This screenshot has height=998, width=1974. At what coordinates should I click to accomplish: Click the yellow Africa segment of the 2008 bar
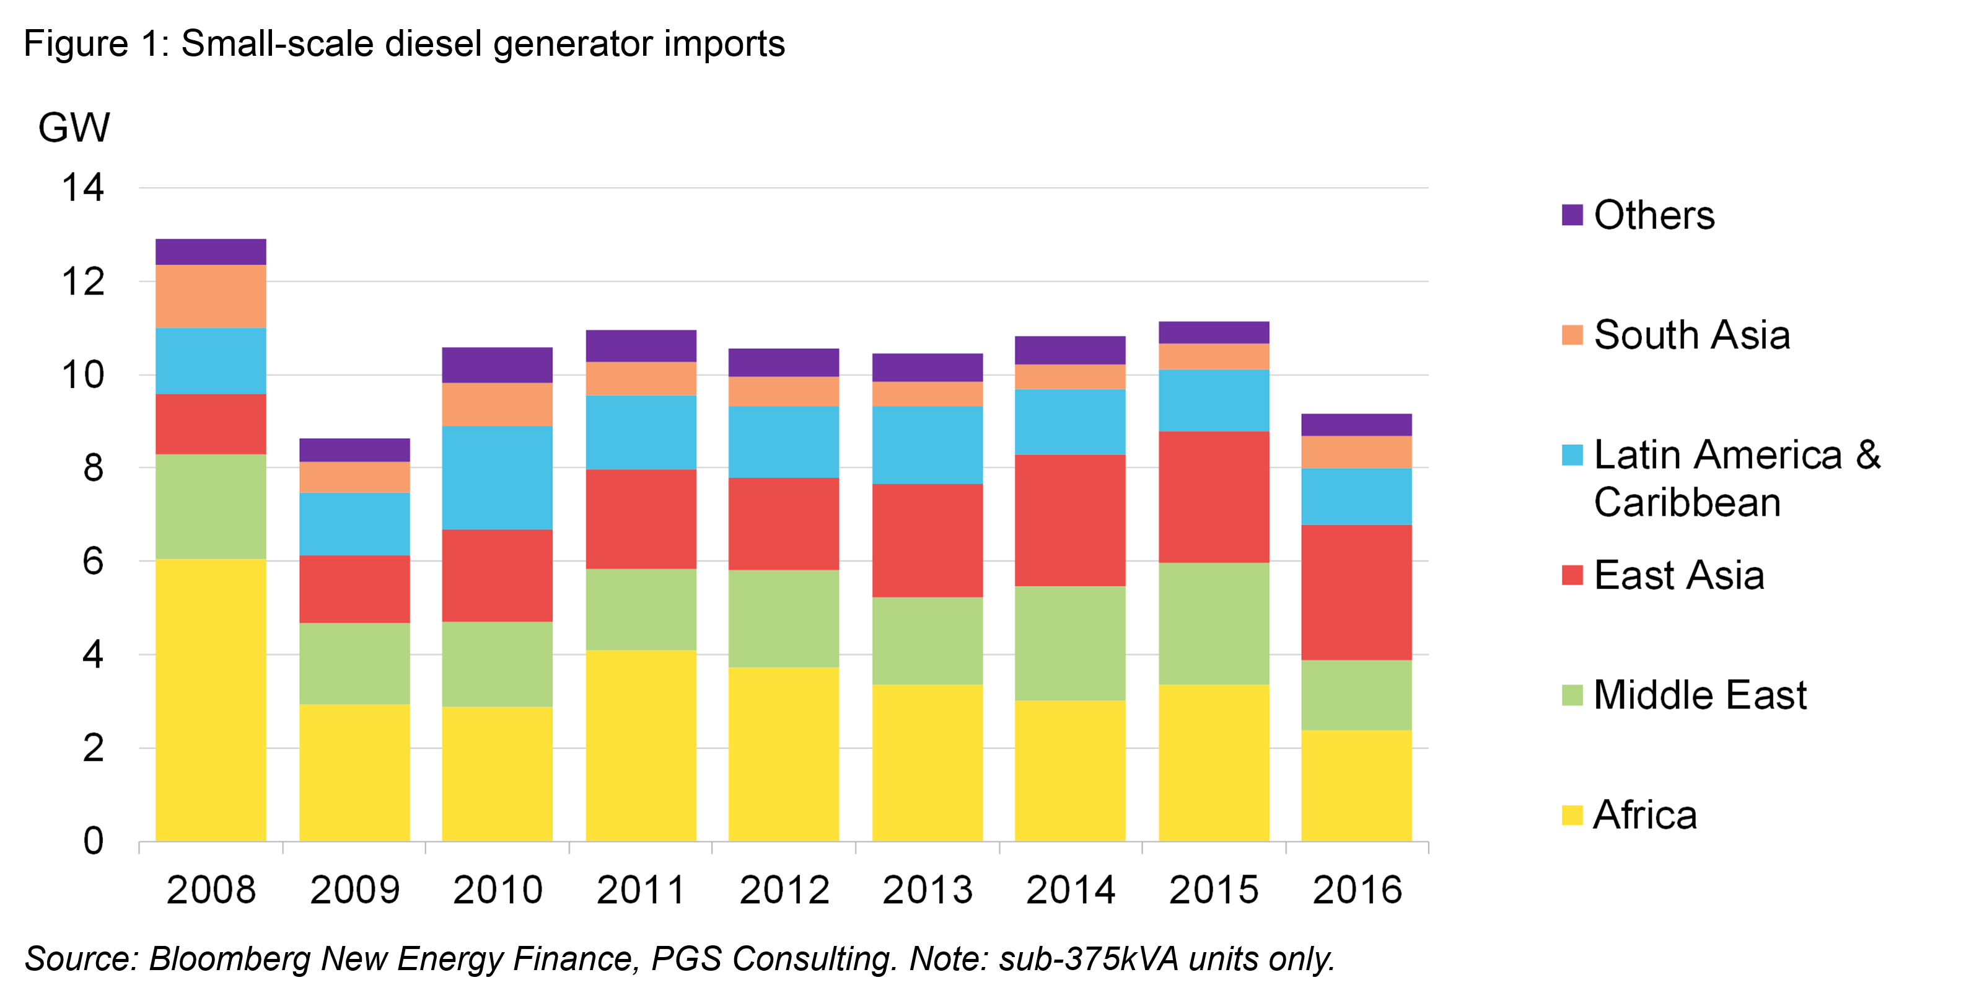pos(211,699)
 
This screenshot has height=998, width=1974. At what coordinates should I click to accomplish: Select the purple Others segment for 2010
pos(498,365)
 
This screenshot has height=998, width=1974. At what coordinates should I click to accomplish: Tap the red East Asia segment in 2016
pos(1356,592)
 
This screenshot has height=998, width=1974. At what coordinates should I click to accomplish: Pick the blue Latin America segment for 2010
pos(498,477)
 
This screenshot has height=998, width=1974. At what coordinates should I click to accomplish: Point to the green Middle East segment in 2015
pos(1214,623)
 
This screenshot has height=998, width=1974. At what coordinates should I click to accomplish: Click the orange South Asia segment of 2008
pos(211,296)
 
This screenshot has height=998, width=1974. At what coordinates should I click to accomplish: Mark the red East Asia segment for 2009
pos(354,589)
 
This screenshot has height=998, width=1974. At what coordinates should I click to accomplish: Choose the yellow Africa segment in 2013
pos(928,762)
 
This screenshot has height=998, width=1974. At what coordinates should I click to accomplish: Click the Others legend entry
pos(1654,215)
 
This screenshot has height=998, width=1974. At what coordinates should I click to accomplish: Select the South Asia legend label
pos(1691,335)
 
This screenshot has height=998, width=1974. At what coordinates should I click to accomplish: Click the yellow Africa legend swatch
pos(1572,815)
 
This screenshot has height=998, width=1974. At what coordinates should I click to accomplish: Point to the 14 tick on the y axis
pos(83,188)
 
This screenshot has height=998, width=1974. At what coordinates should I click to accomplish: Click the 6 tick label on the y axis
pos(93,562)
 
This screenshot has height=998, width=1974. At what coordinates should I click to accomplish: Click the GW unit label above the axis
pos(74,127)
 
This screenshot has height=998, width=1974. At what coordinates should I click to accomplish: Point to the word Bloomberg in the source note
pos(229,959)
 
